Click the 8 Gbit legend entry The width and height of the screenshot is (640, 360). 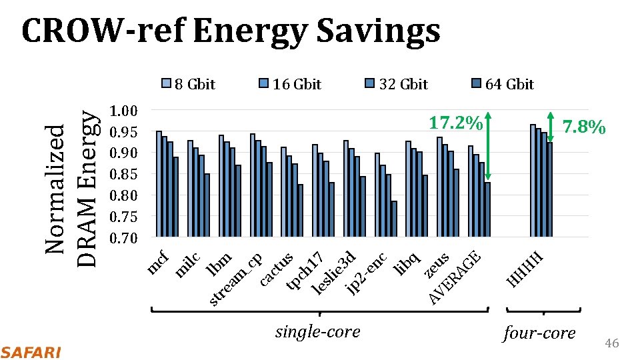tap(189, 84)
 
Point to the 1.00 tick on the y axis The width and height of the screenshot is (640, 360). tap(123, 111)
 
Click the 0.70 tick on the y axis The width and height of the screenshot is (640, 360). tap(123, 238)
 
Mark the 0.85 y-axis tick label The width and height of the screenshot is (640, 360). tap(123, 175)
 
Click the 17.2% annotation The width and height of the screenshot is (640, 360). tap(456, 123)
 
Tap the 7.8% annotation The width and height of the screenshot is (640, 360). tap(583, 127)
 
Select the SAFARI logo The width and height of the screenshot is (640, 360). tap(31, 352)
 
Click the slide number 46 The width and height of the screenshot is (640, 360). tap(611, 343)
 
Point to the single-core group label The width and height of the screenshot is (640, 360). tap(318, 331)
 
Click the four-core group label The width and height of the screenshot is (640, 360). tap(539, 333)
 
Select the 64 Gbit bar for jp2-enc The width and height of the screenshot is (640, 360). tap(394, 219)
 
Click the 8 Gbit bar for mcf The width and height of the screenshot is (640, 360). tap(159, 184)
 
